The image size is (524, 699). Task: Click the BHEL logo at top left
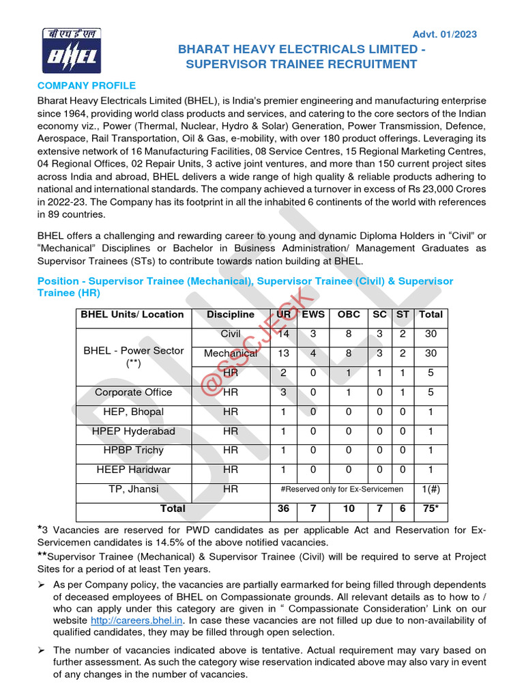(72, 51)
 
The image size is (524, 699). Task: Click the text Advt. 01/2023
(445, 35)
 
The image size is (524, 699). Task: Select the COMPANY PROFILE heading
(87, 85)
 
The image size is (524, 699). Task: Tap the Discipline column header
(231, 315)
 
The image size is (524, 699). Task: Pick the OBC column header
(349, 315)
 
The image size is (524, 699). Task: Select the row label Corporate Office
(134, 393)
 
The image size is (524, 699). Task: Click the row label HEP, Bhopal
(134, 412)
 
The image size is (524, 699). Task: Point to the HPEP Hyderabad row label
(134, 431)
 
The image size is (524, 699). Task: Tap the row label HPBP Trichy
(134, 451)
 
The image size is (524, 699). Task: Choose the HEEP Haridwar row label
(134, 470)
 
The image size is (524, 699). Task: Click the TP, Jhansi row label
(134, 489)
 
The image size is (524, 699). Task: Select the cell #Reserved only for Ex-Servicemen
(342, 489)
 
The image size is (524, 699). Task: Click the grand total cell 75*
(431, 509)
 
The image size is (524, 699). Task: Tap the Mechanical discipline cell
(231, 354)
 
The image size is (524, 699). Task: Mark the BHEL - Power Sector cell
(134, 357)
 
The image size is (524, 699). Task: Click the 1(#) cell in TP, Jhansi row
(431, 489)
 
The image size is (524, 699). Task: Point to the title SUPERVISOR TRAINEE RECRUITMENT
(301, 64)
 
